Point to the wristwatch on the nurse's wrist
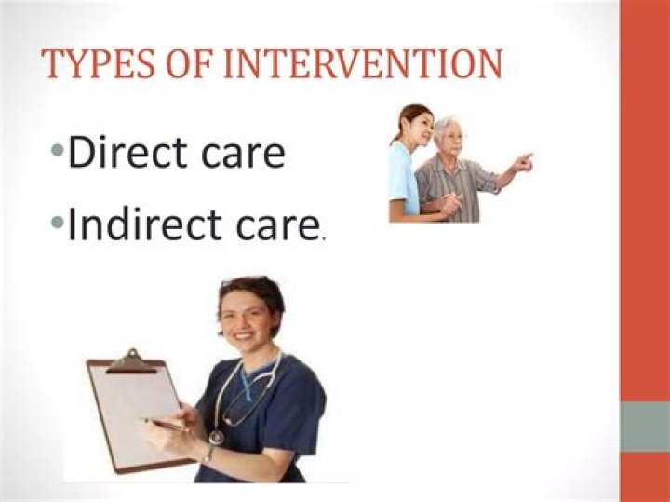pyautogui.click(x=209, y=454)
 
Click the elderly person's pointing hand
pyautogui.click(x=524, y=162)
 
